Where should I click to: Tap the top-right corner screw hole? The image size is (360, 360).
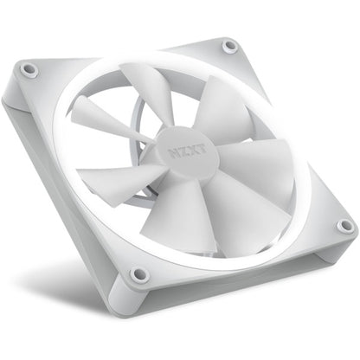click(228, 45)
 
